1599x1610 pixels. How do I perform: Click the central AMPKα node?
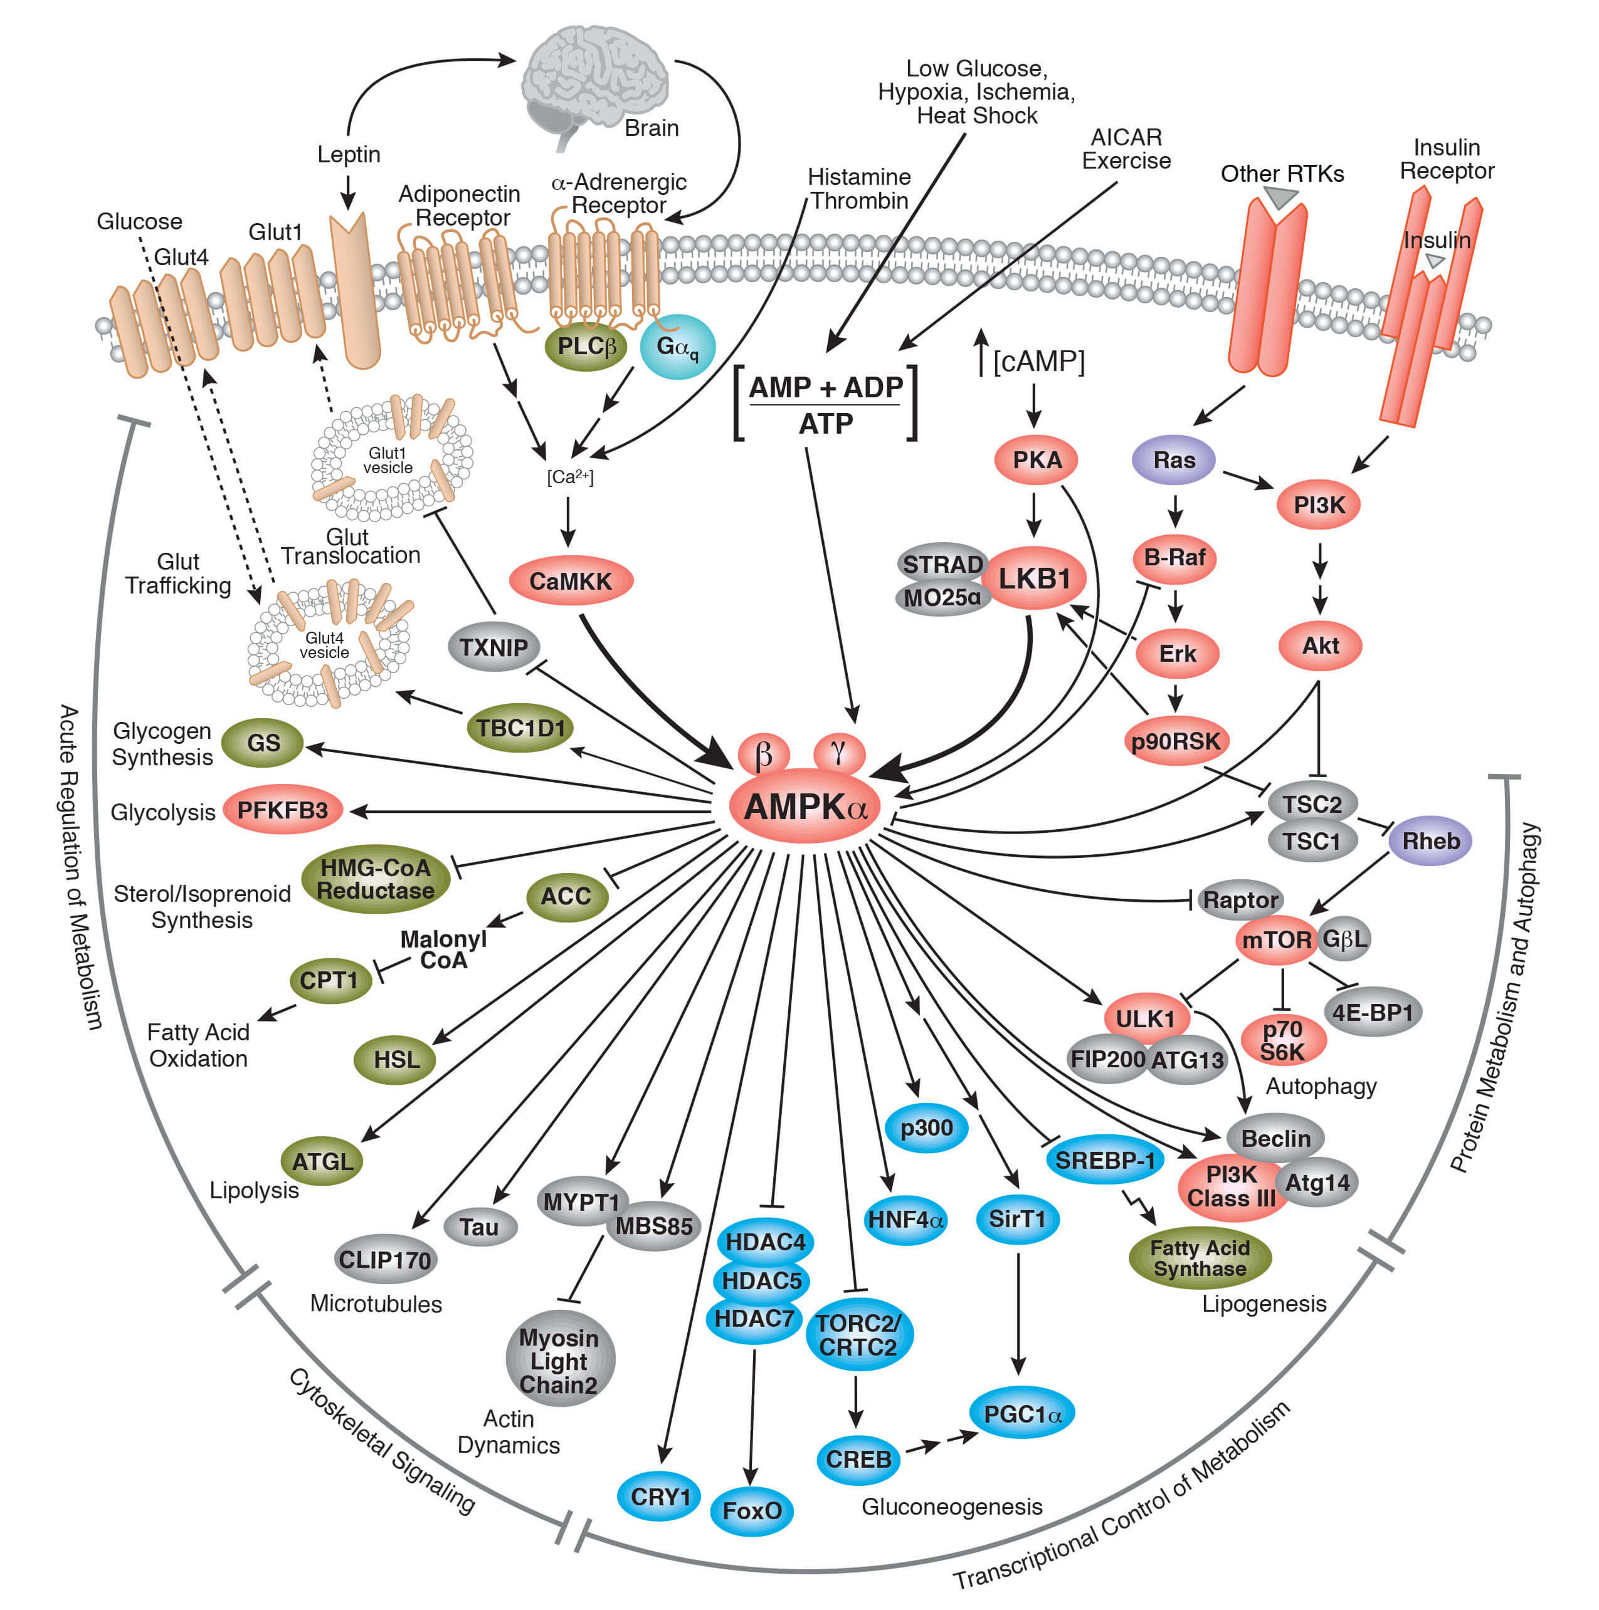[805, 807]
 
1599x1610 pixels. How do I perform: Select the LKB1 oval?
[1034, 577]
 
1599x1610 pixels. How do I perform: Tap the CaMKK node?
[570, 581]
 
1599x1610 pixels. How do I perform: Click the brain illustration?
[594, 79]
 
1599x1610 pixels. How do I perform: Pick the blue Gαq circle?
[677, 347]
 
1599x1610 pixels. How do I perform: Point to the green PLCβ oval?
[586, 346]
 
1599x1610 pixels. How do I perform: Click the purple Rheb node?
[1430, 840]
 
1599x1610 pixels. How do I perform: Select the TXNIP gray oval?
[493, 647]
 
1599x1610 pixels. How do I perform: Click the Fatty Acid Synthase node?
[1199, 1258]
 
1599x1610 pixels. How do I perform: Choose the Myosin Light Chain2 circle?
[559, 1361]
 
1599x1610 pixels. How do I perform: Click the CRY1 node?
[660, 1497]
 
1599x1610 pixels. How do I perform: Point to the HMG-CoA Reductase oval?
[375, 879]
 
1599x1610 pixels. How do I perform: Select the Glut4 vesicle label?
[324, 645]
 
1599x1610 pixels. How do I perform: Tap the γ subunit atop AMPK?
[838, 751]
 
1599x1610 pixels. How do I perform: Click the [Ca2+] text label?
[570, 477]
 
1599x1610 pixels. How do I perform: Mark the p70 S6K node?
[1282, 1040]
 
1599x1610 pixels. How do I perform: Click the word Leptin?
[349, 154]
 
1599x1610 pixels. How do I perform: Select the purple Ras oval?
[1173, 459]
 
